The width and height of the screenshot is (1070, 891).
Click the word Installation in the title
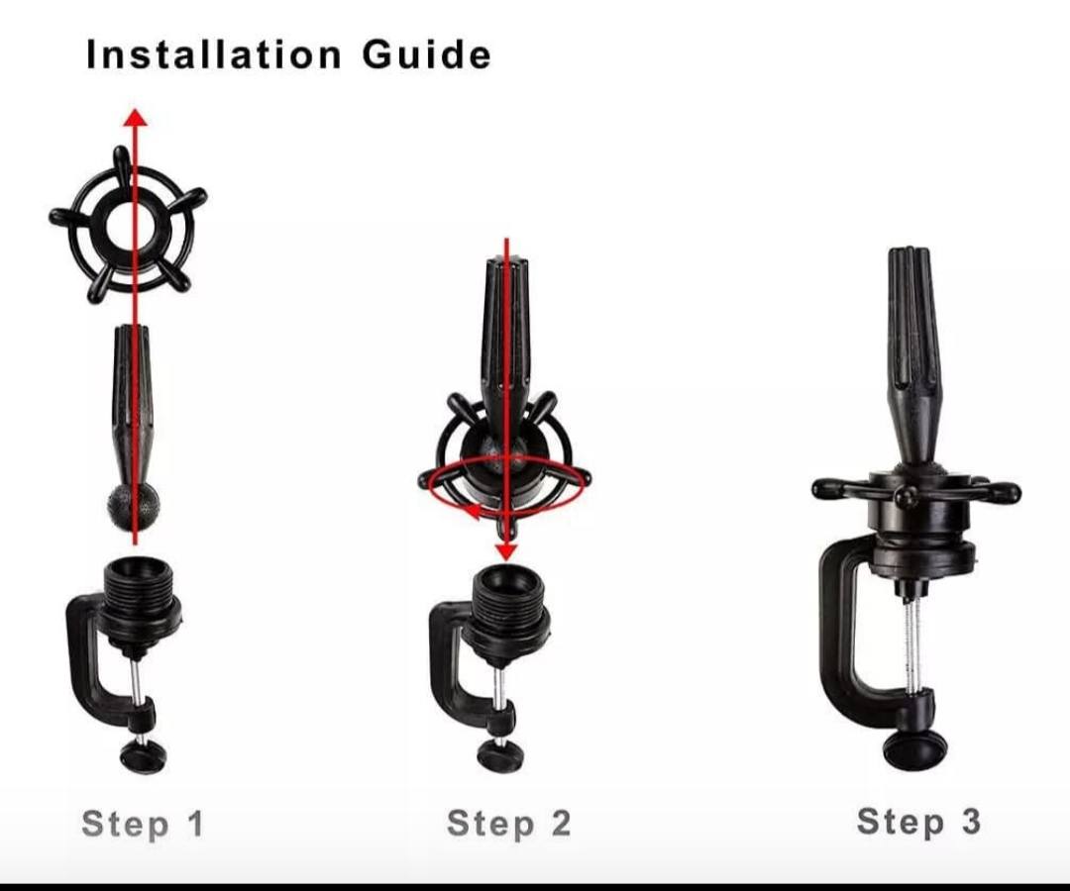(x=214, y=54)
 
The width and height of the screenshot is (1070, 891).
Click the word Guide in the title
(x=426, y=54)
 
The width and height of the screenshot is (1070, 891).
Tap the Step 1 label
(x=143, y=824)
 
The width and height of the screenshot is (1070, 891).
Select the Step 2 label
(x=509, y=824)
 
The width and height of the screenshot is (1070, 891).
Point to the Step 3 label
(x=918, y=822)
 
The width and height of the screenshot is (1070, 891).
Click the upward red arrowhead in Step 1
(x=135, y=117)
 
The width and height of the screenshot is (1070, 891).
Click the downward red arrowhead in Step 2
(x=505, y=551)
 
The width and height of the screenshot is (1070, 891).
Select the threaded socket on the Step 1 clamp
(x=141, y=592)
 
